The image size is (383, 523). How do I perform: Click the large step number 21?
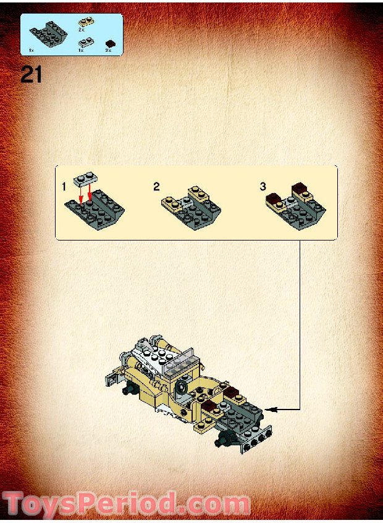31,75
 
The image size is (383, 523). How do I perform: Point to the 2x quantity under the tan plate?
81,30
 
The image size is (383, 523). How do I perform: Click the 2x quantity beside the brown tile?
108,49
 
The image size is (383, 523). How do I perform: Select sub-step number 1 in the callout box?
64,186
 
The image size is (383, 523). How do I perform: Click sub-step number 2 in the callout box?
156,187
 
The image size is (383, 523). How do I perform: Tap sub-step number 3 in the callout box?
263,186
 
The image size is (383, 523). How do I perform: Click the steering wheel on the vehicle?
183,387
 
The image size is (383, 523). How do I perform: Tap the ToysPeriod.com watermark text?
127,503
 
